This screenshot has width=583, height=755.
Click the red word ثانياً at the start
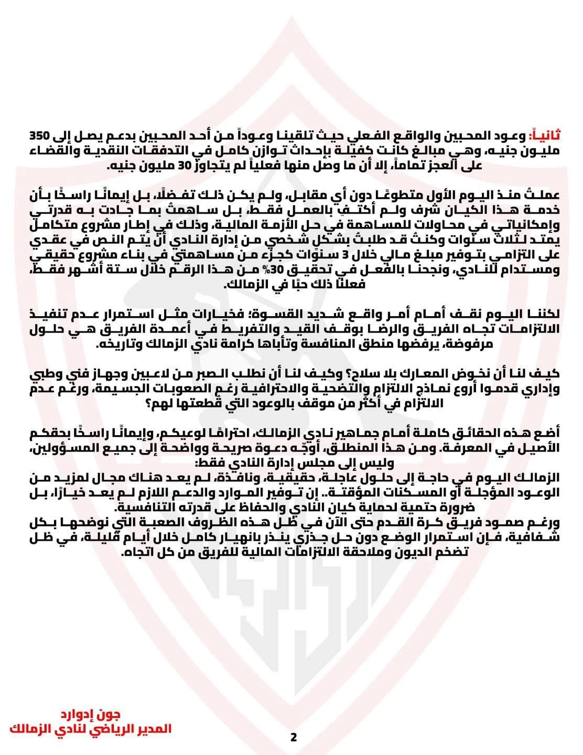(545, 135)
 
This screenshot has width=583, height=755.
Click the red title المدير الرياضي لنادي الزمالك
(91, 729)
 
